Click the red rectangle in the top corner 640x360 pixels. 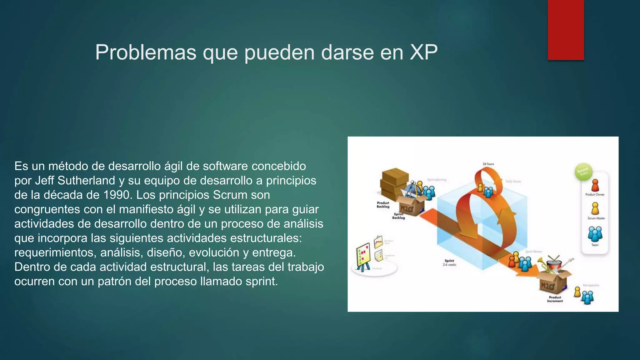point(566,30)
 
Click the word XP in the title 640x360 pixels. point(423,52)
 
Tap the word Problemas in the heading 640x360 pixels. point(146,52)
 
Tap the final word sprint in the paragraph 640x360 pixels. point(261,281)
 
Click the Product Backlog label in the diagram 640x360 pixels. point(383,205)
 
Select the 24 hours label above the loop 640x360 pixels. point(488,164)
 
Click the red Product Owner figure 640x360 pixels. point(595,185)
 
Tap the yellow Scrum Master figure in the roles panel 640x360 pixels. point(595,208)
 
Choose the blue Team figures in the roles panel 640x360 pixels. point(595,234)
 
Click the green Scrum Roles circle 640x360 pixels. point(583,172)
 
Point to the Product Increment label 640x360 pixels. point(555,299)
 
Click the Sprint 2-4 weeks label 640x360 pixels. point(449,262)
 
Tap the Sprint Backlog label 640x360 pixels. point(398,216)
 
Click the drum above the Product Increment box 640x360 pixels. point(554,264)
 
